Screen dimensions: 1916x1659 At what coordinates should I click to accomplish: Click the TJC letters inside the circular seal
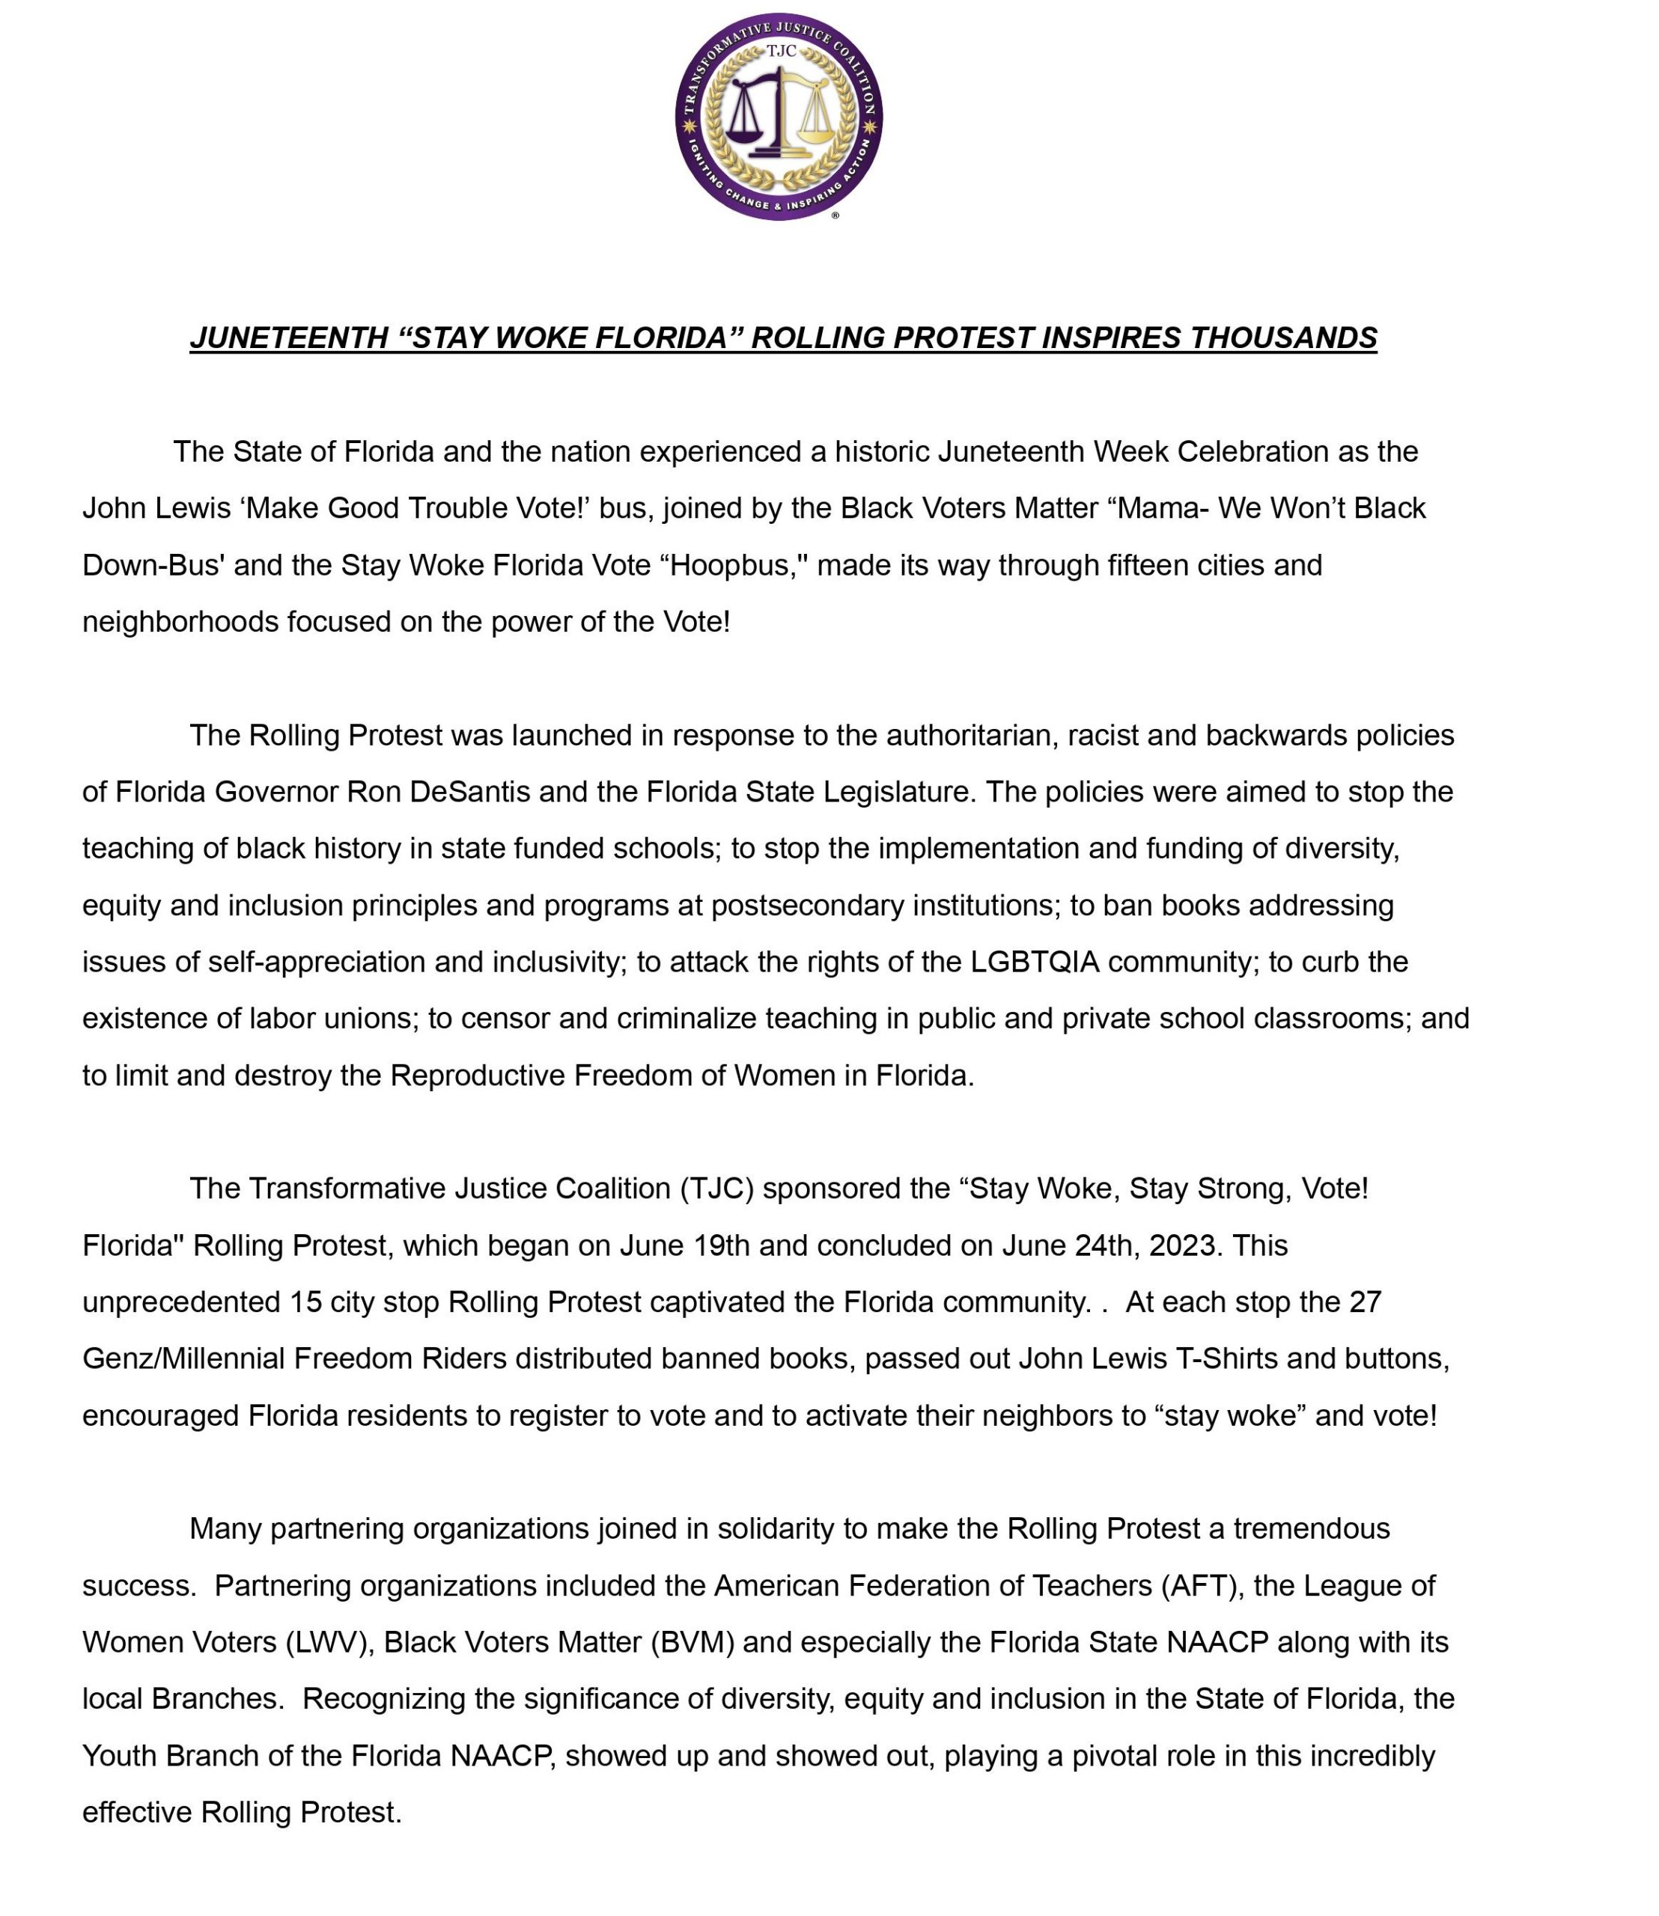[780, 52]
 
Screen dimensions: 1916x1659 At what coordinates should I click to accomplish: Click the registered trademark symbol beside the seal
[835, 215]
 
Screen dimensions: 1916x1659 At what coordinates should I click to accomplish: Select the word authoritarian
[971, 735]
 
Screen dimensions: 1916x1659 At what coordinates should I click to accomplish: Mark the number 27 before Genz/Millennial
[1365, 1302]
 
